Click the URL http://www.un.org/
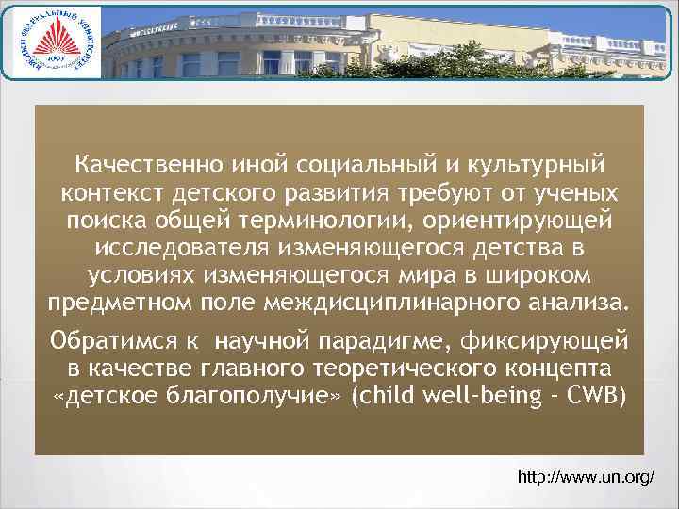(x=587, y=478)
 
